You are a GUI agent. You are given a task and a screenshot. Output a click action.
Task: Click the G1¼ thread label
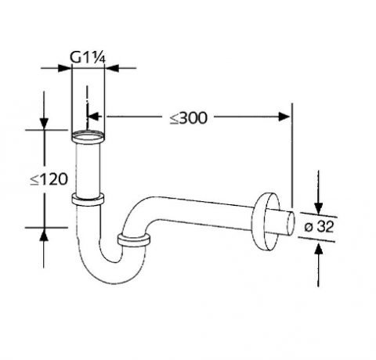(87, 56)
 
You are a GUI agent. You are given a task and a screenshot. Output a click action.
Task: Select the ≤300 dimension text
(188, 118)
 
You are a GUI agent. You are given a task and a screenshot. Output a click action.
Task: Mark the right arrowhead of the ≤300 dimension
(284, 118)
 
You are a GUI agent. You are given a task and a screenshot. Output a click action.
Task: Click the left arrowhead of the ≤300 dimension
(96, 118)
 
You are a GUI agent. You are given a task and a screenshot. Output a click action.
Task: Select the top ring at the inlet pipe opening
(88, 139)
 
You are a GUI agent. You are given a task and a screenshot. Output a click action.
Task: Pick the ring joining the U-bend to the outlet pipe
(134, 239)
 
